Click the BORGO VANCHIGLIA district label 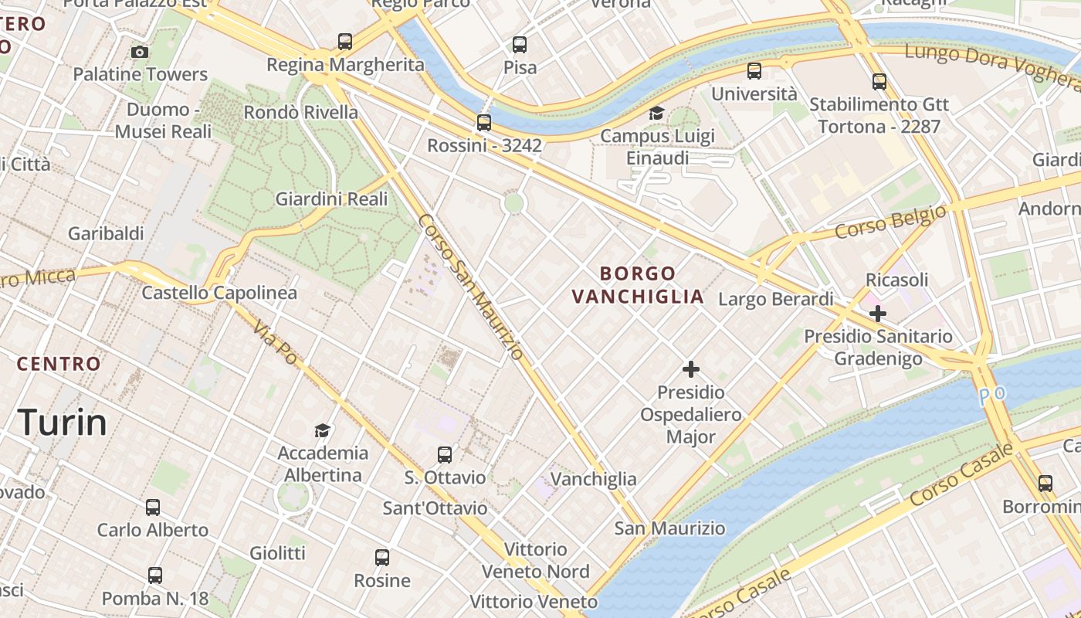(638, 284)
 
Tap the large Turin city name (62, 423)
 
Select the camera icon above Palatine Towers (140, 53)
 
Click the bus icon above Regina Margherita (345, 42)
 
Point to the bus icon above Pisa (520, 45)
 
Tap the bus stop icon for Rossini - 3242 (484, 123)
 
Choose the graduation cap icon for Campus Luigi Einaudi (656, 114)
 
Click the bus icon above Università (754, 71)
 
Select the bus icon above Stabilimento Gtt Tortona (879, 82)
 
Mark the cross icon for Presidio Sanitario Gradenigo (877, 314)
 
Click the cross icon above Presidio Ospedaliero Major (691, 369)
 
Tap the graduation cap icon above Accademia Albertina (323, 430)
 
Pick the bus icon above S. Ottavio (445, 455)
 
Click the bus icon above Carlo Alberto (153, 508)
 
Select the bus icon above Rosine (382, 558)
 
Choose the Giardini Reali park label (332, 199)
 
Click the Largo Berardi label (776, 299)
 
